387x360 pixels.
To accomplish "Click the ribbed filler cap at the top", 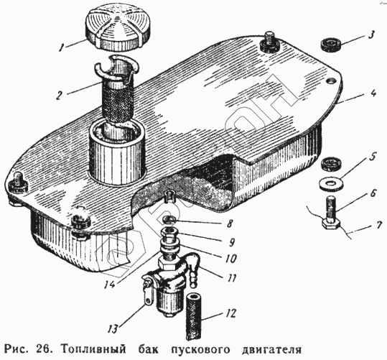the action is pos(117,30).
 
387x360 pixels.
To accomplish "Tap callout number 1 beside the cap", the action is pos(62,47).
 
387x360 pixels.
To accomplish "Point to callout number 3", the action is pos(371,34).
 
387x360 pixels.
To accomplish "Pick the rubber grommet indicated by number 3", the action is pos(331,45).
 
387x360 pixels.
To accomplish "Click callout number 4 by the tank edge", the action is pos(373,93).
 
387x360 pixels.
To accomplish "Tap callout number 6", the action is pos(373,193).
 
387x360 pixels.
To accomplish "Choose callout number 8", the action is pos(229,223).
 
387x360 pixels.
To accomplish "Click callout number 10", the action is pos(230,258).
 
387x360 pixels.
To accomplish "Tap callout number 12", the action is pos(230,313).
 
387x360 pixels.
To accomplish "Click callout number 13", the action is pos(112,328).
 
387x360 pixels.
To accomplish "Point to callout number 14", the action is pos(108,285).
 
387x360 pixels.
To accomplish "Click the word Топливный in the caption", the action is pos(93,349).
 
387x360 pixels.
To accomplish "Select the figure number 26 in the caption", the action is pos(43,349).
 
